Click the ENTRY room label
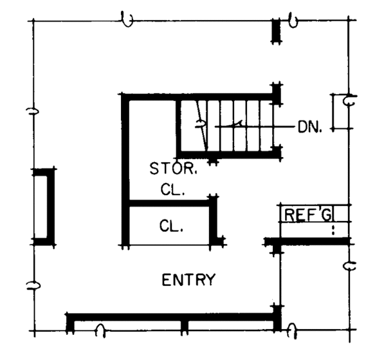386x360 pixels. point(188,280)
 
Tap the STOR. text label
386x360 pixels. point(174,169)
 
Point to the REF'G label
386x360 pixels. point(307,214)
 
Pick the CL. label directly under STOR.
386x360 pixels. point(173,191)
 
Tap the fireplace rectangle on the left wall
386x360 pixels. point(43,206)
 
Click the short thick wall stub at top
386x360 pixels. point(276,31)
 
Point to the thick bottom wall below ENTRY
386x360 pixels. point(174,317)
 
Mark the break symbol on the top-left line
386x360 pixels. point(128,20)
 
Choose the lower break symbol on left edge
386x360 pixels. point(30,285)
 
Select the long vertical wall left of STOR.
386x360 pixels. point(125,171)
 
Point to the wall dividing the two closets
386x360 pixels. point(170,204)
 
